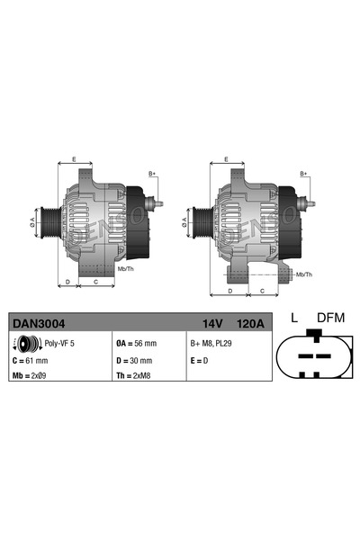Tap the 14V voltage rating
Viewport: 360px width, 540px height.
click(212, 320)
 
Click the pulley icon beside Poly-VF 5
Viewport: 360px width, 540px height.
click(26, 343)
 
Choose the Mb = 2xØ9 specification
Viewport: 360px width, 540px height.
click(31, 374)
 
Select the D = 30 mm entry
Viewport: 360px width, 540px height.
click(135, 360)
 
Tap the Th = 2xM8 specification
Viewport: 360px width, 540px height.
click(135, 374)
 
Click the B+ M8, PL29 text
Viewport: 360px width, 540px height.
click(212, 343)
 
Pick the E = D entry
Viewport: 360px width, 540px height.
click(199, 360)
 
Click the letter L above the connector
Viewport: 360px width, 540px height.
click(295, 318)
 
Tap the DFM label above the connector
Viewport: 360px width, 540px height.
click(329, 318)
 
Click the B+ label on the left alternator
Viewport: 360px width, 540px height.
click(152, 173)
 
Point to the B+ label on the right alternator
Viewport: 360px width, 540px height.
click(303, 173)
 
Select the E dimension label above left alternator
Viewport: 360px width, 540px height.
click(74, 159)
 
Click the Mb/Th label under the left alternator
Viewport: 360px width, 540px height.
click(125, 268)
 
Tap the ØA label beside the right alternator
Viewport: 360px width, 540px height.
click(184, 219)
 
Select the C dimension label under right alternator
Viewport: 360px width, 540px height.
click(261, 291)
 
